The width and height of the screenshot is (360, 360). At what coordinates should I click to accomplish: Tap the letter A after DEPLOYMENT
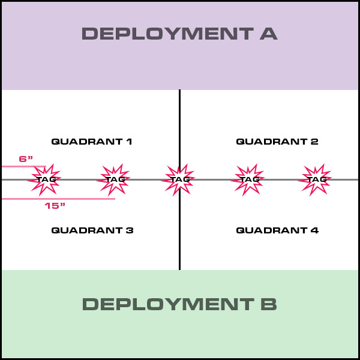point(268,34)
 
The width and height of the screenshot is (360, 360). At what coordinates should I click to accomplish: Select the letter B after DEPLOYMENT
point(268,304)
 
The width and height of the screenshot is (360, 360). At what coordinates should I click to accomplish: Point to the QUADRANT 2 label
point(277,142)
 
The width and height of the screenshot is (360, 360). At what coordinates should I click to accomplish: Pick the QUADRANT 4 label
point(277,230)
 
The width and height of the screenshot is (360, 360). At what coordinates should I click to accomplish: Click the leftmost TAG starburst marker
point(46,179)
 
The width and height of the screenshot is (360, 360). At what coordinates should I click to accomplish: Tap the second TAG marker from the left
point(114,179)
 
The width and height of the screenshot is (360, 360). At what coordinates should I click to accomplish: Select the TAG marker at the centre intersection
point(179,179)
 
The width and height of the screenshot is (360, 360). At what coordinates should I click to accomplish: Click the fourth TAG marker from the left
point(249,179)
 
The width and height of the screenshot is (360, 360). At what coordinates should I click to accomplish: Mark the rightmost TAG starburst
point(316,179)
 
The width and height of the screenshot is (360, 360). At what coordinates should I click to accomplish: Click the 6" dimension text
point(26,159)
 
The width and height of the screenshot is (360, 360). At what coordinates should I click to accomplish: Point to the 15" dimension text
point(55,206)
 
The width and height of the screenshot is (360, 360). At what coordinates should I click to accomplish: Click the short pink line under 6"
point(24,166)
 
